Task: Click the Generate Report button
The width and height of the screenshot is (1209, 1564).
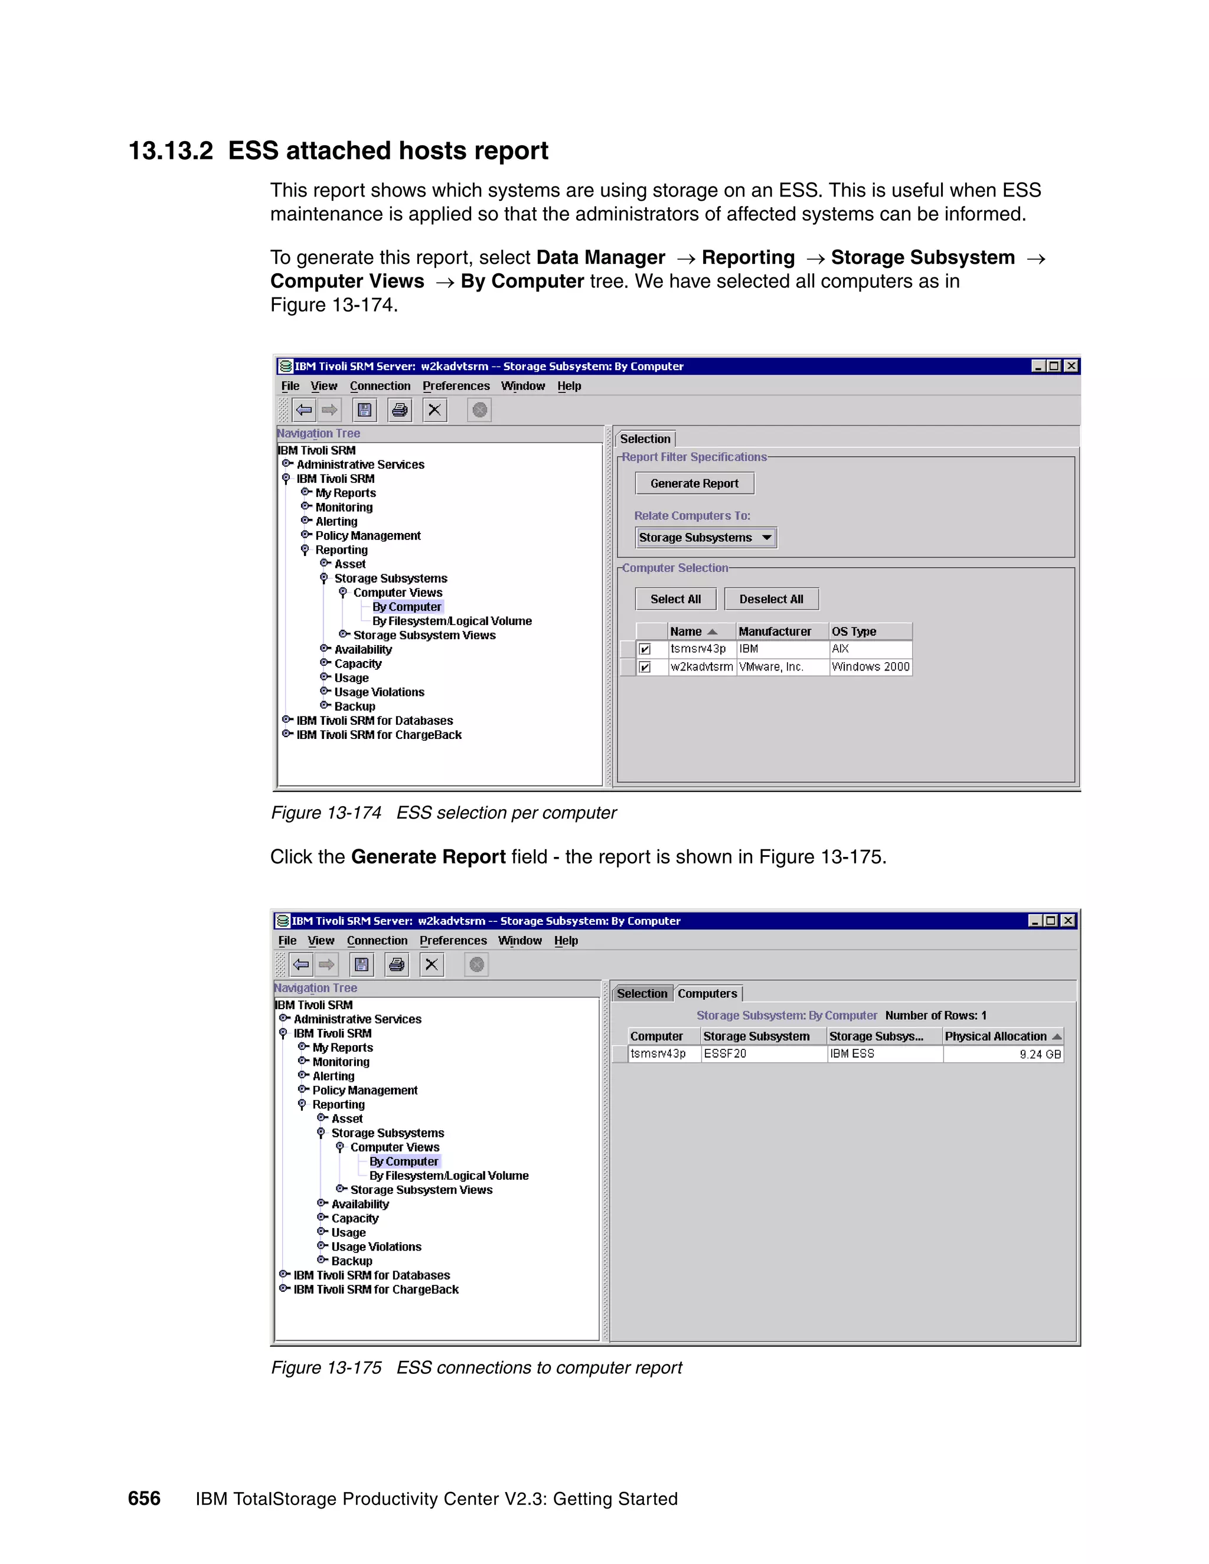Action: pos(694,483)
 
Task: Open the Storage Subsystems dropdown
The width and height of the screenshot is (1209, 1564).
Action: pos(705,538)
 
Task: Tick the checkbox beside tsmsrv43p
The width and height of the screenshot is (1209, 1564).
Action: pos(645,649)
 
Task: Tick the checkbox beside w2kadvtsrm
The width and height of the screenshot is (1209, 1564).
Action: pos(645,667)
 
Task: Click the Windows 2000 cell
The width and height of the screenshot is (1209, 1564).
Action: pos(870,667)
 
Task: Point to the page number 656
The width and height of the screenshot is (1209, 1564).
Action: pos(144,1499)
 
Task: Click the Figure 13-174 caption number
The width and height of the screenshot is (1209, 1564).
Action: pos(326,813)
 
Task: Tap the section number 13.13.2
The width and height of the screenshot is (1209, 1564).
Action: pos(171,151)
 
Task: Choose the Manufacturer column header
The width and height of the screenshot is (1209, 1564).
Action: pos(775,632)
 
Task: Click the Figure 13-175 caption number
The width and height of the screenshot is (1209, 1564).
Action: pos(326,1368)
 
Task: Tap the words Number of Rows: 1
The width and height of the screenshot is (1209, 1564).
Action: pos(936,1016)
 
